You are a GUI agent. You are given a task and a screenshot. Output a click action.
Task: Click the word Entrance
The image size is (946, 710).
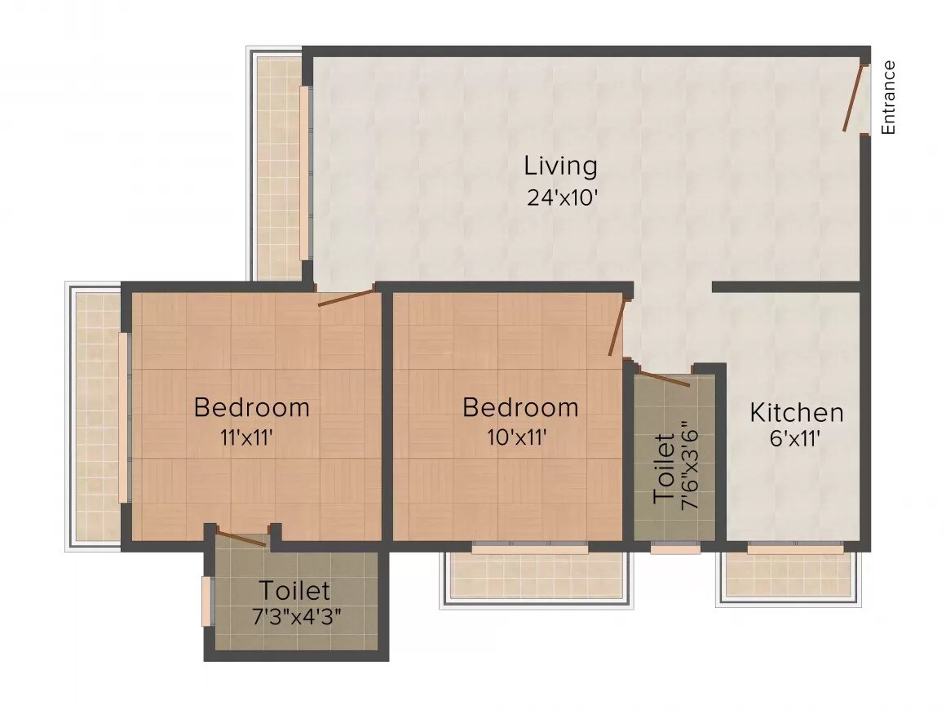coord(889,97)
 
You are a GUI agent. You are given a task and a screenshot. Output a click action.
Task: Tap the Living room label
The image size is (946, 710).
coord(560,166)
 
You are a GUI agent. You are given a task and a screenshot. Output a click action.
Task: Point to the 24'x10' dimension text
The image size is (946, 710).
coord(564,198)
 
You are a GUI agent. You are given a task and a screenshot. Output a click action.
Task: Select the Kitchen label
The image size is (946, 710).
coord(797,412)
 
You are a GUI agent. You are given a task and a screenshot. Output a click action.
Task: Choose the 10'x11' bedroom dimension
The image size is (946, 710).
coord(516,437)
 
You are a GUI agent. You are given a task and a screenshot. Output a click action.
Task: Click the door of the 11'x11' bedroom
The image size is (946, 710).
coord(346,295)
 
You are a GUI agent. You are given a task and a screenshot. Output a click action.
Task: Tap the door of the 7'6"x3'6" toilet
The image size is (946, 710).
coord(663,378)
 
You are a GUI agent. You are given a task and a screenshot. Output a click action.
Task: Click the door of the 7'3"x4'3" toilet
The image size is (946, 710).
coord(241,538)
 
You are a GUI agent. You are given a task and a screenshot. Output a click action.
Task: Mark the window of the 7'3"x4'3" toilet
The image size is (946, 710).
coord(206,601)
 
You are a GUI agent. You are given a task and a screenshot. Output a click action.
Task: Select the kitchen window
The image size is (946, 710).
coord(795,548)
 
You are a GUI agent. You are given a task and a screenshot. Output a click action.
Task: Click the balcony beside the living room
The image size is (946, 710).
coord(279,167)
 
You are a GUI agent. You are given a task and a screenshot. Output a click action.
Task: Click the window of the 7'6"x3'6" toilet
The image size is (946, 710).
coord(675,548)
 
